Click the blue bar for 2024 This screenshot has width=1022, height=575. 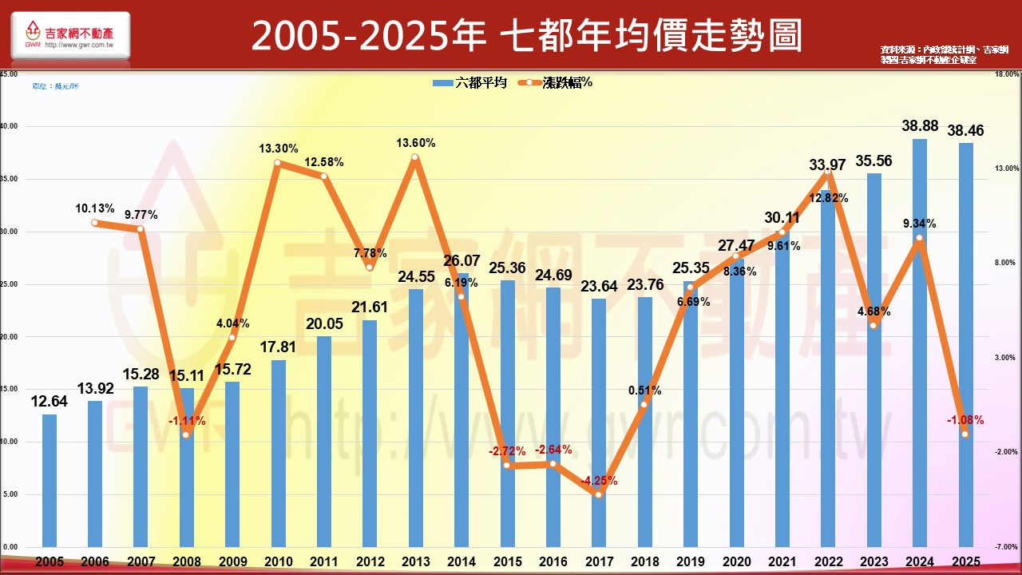coord(920,343)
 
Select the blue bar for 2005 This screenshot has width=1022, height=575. coord(50,480)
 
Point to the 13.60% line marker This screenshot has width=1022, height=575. coord(415,157)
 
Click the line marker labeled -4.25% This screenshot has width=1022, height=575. coord(599,495)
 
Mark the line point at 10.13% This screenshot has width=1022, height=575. coord(94,223)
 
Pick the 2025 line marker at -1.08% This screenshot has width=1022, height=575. coord(965,434)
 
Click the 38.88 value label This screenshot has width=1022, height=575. coord(920,126)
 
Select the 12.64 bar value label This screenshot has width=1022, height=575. coord(50,401)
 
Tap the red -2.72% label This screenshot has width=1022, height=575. coord(508,451)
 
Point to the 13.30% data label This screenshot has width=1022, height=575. coord(279,149)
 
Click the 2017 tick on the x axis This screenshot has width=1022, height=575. coord(599,562)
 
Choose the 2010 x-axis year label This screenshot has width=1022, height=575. coord(279,562)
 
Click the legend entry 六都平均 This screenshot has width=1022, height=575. coord(470,83)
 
